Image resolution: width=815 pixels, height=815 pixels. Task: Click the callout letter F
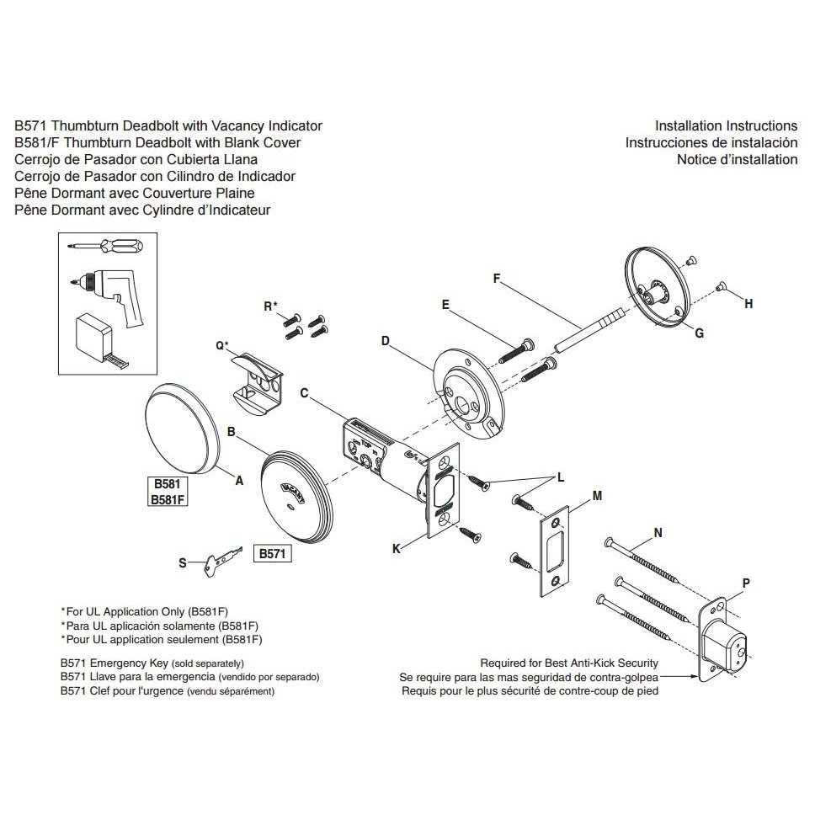pos(497,277)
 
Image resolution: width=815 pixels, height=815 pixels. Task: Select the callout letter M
pos(597,496)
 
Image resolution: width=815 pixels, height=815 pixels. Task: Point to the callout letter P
pos(746,583)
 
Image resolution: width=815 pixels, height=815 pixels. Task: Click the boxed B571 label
pos(273,554)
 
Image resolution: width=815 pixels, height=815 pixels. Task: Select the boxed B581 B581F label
pos(167,493)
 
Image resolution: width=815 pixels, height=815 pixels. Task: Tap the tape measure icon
pos(98,338)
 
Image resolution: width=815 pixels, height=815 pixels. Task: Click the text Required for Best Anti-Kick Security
pos(569,663)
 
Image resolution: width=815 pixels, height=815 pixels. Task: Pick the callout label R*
pos(269,306)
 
